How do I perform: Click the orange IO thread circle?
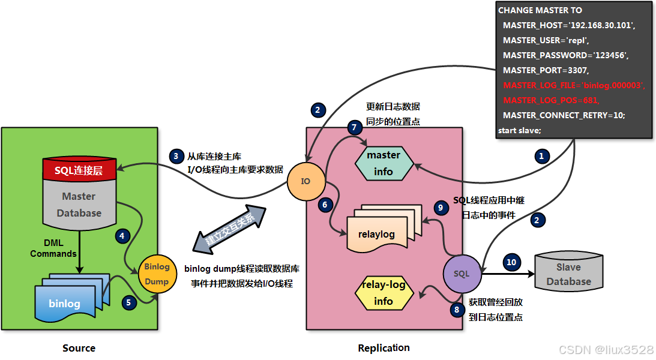(x=305, y=181)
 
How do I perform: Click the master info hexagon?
(x=384, y=163)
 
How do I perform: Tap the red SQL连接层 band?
(x=79, y=170)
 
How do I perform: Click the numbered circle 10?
(x=511, y=262)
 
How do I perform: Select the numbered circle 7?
(x=355, y=127)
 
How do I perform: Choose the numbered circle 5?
(x=128, y=302)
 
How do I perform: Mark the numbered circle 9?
(x=441, y=208)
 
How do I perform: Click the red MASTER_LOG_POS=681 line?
(x=551, y=100)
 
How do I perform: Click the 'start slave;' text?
(x=520, y=130)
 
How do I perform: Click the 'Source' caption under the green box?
(x=79, y=348)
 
